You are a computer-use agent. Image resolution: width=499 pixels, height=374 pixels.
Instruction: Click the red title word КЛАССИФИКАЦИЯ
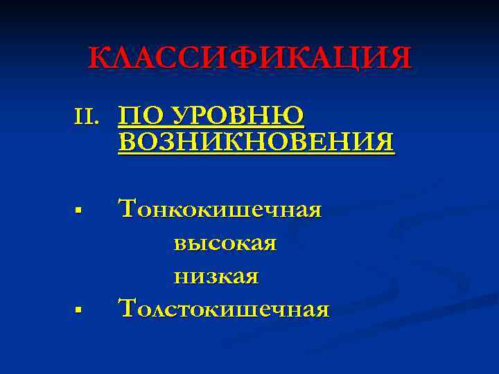[x=249, y=58]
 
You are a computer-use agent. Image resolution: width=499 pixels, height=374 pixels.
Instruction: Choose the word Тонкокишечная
[x=220, y=208]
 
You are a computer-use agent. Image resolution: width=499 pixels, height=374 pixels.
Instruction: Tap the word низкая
[x=216, y=276]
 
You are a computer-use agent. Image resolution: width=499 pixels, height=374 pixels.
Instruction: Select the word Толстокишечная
[x=224, y=308]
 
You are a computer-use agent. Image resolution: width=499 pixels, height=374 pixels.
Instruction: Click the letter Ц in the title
[x=344, y=58]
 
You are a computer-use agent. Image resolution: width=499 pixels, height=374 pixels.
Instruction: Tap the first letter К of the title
[x=99, y=58]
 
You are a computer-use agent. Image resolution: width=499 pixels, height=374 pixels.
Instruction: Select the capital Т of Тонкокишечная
[x=128, y=207]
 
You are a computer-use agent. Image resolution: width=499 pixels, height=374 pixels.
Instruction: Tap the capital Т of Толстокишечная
[x=128, y=306]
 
